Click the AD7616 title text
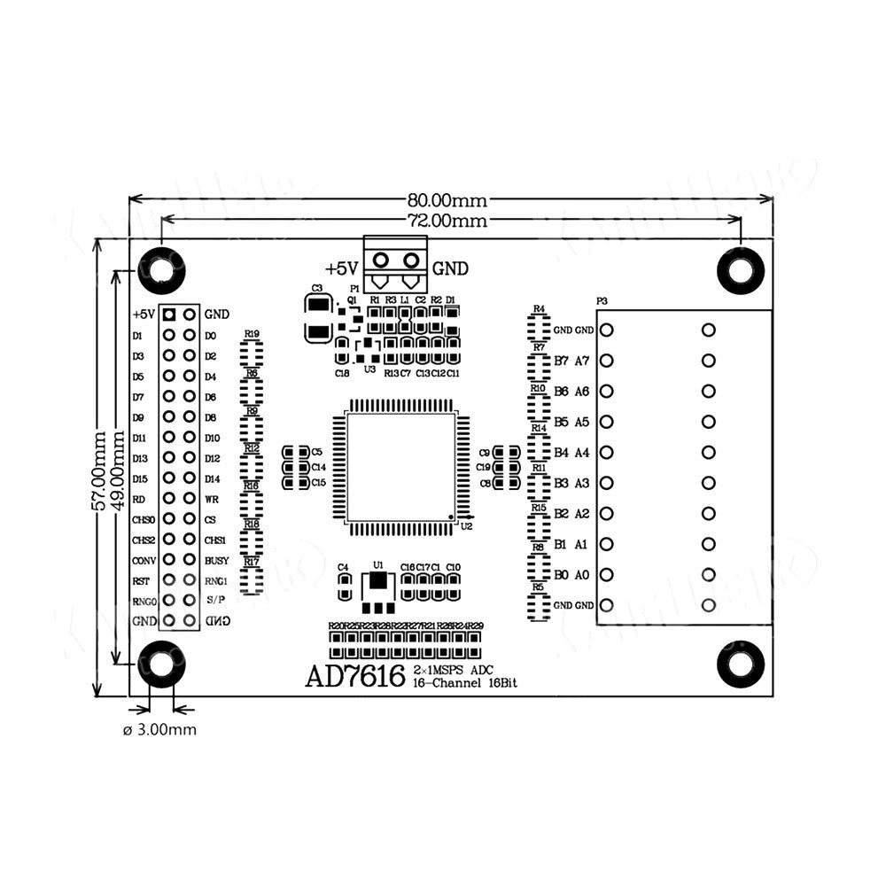point(354,676)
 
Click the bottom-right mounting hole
point(740,664)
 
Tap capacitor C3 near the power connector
point(317,319)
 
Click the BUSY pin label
point(217,561)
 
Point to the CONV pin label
point(144,561)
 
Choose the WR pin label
point(212,500)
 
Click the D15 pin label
point(140,479)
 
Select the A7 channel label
point(582,361)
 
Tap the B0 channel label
point(561,575)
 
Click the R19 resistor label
point(253,334)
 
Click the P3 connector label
point(602,301)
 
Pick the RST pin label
point(140,581)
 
